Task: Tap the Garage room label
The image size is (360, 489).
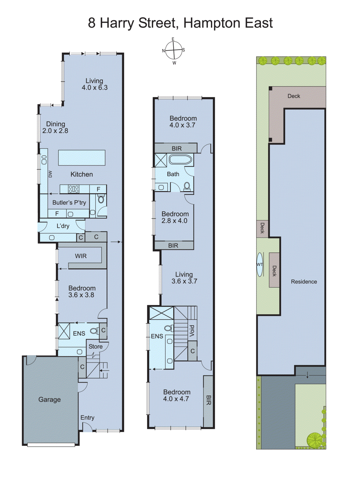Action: point(49,399)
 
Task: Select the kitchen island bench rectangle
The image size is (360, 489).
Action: point(82,158)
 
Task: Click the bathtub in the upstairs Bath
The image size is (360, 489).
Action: point(180,160)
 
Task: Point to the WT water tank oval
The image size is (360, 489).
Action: point(260,265)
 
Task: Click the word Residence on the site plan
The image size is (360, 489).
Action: point(304,282)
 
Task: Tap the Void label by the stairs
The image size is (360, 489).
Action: point(192,331)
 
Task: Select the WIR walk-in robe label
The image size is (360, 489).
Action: point(81,256)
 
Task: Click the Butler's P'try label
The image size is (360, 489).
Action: point(69,203)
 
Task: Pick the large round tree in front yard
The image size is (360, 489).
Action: point(314,440)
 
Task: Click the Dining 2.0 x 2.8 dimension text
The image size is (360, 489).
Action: point(55,131)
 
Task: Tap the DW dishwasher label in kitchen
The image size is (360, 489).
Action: point(50,174)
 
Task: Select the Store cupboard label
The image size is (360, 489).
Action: point(95,347)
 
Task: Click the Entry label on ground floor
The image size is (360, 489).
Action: point(87,418)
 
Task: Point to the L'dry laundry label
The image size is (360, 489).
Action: point(63,226)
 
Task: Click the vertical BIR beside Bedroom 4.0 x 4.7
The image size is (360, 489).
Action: point(208,400)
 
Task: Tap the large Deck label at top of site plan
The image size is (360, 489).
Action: point(293,96)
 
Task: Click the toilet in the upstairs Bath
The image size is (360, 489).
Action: point(187,186)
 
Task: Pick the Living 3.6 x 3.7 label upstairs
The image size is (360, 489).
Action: point(184,278)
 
